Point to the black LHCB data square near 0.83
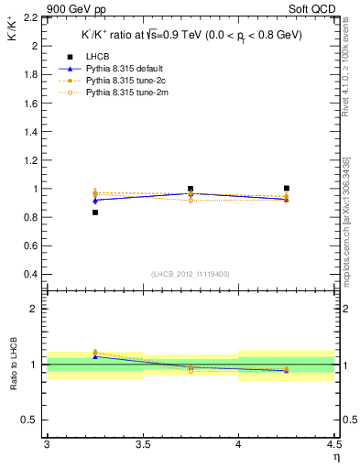pyautogui.click(x=94, y=213)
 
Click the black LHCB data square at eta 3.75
pyautogui.click(x=191, y=189)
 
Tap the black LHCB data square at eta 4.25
pyautogui.click(x=287, y=188)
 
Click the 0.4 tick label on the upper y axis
pyautogui.click(x=33, y=275)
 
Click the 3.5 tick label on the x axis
pyautogui.click(x=142, y=444)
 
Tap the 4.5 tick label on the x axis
pyautogui.click(x=333, y=444)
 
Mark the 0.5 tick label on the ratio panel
pyautogui.click(x=33, y=420)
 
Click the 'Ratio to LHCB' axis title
pyautogui.click(x=12, y=365)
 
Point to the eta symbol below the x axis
pyautogui.click(x=335, y=457)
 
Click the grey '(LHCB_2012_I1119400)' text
pyautogui.click(x=191, y=274)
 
